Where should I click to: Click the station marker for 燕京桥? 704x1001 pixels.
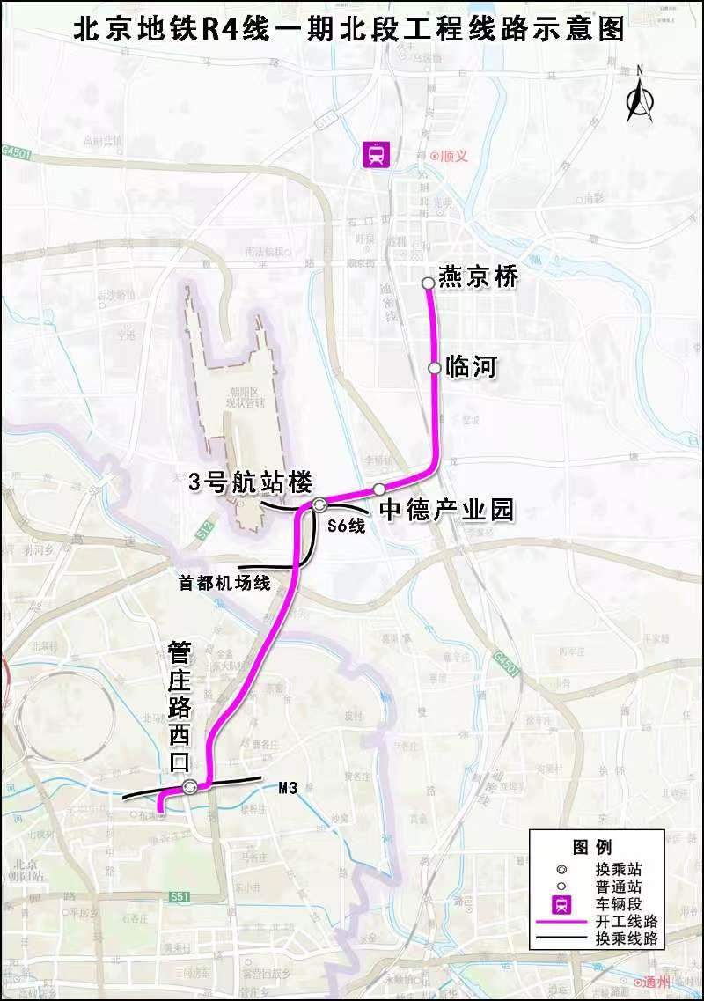428,283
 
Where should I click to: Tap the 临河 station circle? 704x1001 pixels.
434,368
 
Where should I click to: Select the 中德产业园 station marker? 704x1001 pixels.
378,489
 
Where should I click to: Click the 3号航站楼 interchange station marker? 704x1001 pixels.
319,504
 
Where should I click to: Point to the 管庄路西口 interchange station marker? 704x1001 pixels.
190,787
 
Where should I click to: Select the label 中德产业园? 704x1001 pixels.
446,511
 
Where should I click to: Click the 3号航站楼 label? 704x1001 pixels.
251,482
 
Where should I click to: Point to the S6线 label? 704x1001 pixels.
345,526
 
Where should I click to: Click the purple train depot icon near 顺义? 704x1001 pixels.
378,155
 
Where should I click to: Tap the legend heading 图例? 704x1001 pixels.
591,847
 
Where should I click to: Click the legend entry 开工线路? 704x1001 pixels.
627,922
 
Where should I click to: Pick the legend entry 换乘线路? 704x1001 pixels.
627,939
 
